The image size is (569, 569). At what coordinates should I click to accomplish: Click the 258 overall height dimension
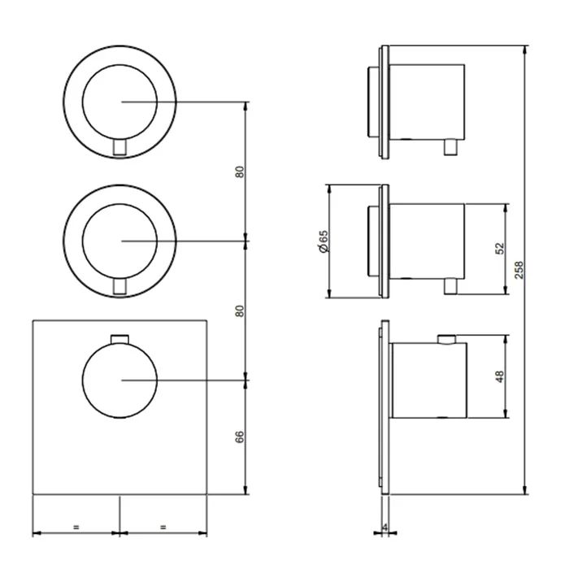pyautogui.click(x=519, y=270)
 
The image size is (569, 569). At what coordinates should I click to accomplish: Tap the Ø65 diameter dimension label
pyautogui.click(x=324, y=241)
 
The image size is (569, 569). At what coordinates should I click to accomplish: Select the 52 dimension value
pyautogui.click(x=500, y=249)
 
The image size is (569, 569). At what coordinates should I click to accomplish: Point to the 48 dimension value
pyautogui.click(x=500, y=376)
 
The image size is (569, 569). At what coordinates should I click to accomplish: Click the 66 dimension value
pyautogui.click(x=240, y=437)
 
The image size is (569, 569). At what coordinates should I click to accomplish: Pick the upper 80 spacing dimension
pyautogui.click(x=240, y=172)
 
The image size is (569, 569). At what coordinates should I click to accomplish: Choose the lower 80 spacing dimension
pyautogui.click(x=240, y=311)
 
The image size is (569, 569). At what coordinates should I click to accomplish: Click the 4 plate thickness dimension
pyautogui.click(x=385, y=528)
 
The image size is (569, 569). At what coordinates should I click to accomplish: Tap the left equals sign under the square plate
pyautogui.click(x=76, y=527)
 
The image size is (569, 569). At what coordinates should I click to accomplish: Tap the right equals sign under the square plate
pyautogui.click(x=163, y=527)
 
